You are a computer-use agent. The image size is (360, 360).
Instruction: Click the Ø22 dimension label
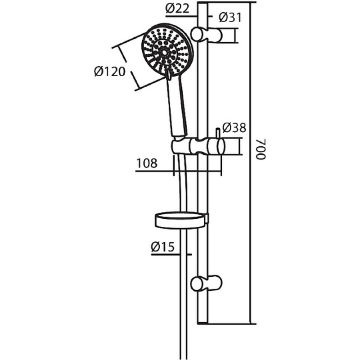177,9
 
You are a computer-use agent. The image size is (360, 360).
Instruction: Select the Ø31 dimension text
230,18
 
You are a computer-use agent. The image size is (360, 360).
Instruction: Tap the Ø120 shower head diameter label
110,72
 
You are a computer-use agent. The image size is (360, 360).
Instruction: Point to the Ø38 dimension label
234,128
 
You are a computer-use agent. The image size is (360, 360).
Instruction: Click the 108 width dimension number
147,163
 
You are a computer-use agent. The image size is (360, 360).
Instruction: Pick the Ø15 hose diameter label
162,247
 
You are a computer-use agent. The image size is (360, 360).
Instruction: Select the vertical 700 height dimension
261,149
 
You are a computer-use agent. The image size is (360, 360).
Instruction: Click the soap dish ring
182,220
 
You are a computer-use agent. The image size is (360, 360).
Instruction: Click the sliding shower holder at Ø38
198,146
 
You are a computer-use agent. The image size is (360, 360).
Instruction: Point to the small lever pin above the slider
218,133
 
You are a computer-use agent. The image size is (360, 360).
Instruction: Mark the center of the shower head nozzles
164,52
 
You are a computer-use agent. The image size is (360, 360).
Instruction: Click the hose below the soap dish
183,294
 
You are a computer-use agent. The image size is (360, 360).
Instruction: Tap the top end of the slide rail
202,3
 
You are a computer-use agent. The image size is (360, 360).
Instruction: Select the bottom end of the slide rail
202,323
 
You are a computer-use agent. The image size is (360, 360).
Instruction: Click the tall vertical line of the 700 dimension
251,163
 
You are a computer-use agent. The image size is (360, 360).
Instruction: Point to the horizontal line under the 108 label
178,171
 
